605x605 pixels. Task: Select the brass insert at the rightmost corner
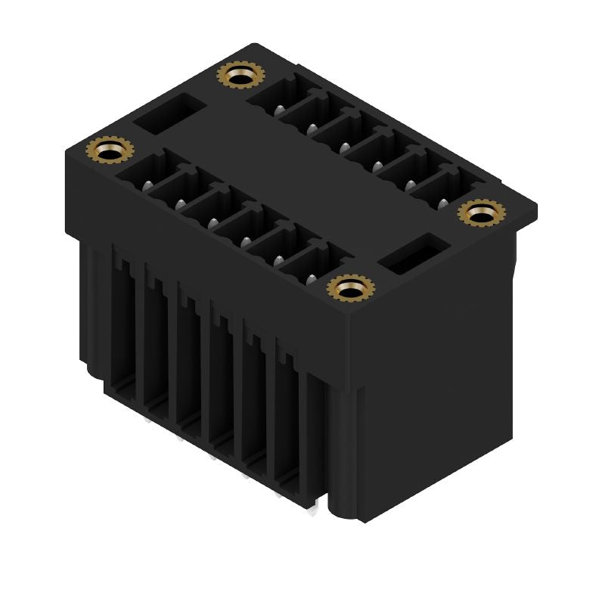click(479, 214)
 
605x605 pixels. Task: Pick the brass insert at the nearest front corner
click(351, 288)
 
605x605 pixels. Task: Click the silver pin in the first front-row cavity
click(147, 184)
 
